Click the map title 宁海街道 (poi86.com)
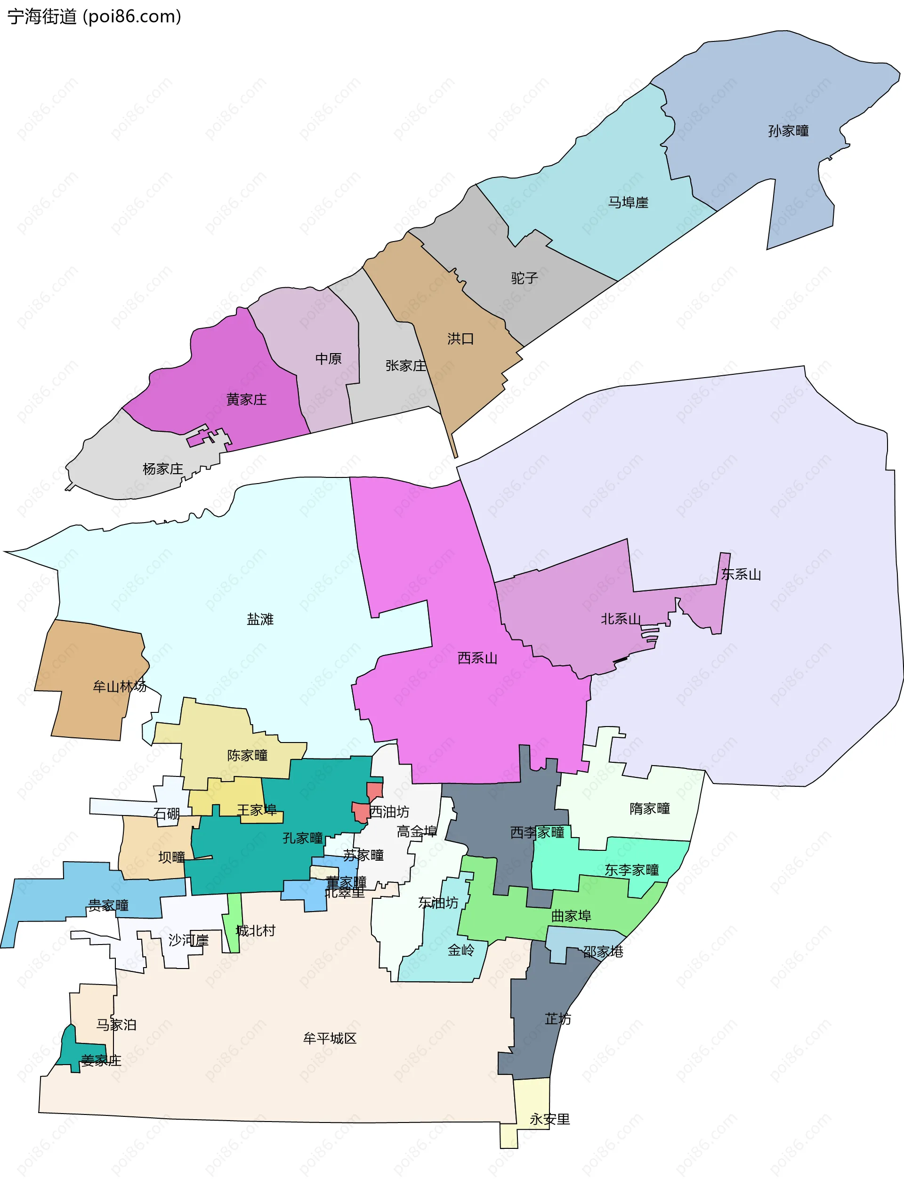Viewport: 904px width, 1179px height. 94,16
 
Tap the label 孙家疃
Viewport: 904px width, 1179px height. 788,131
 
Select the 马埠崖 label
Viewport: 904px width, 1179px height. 628,202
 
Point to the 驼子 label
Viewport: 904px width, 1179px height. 524,278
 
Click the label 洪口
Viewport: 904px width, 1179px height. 460,339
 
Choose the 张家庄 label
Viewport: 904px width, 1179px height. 406,366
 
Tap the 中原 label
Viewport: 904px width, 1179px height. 328,359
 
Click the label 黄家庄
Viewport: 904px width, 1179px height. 246,399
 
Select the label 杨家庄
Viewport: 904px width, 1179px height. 162,468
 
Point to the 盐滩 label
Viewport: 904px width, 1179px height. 260,619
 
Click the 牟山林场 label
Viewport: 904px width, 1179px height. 120,686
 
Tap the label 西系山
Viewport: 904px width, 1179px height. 477,658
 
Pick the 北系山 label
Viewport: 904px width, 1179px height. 621,619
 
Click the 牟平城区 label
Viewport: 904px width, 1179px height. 330,1038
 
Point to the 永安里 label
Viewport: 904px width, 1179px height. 549,1119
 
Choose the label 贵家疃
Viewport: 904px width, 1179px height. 108,905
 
